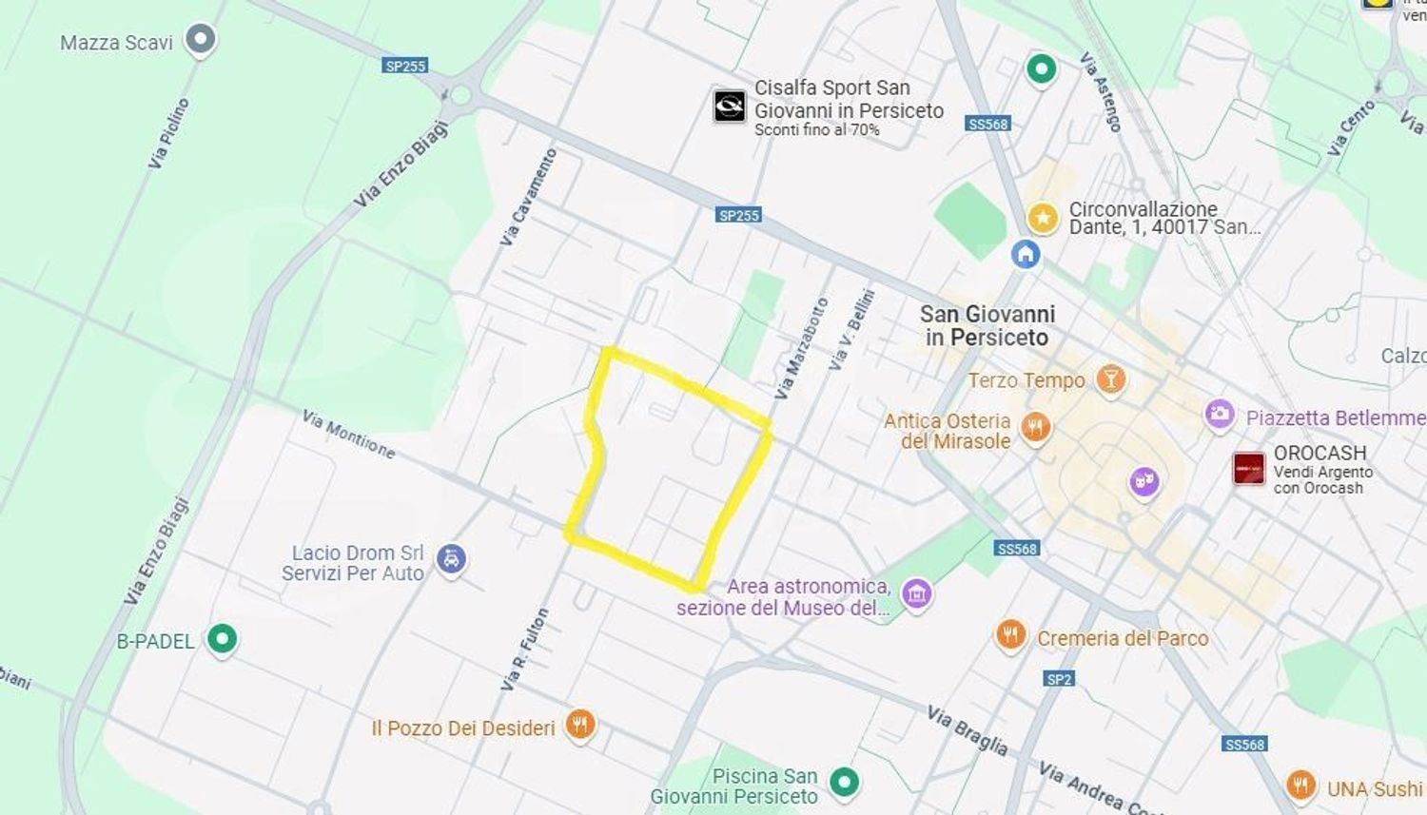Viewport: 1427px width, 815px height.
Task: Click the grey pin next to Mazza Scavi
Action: tap(200, 40)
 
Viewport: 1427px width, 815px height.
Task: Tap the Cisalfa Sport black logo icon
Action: tap(730, 106)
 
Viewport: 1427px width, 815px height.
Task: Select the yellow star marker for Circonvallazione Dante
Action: tap(1043, 218)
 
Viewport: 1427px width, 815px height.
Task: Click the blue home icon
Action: tap(1025, 254)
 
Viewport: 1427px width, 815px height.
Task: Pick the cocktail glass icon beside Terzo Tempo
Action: tap(1109, 378)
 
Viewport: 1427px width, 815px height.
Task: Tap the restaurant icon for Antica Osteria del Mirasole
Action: tap(1035, 428)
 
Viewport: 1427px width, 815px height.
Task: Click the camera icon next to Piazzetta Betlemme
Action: tap(1219, 416)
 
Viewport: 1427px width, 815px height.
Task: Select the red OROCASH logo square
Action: tap(1248, 469)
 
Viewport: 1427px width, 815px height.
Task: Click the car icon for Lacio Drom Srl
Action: tap(451, 559)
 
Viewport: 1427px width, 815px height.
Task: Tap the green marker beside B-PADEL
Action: tap(222, 638)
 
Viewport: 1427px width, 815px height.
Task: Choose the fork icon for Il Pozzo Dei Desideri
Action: tap(579, 725)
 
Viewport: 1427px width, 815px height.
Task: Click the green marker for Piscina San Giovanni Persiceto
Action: tap(844, 782)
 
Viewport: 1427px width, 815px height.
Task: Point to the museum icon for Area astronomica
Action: tap(916, 593)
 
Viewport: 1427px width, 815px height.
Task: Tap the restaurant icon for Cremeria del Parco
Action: tap(1010, 634)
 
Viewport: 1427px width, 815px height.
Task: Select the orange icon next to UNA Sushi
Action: tap(1300, 786)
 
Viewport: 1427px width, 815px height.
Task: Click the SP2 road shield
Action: tap(1059, 678)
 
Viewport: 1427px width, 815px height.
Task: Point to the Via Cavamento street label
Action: tap(529, 198)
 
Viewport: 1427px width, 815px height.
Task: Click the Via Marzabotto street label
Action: tap(801, 349)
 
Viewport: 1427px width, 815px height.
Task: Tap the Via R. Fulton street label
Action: tap(525, 650)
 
